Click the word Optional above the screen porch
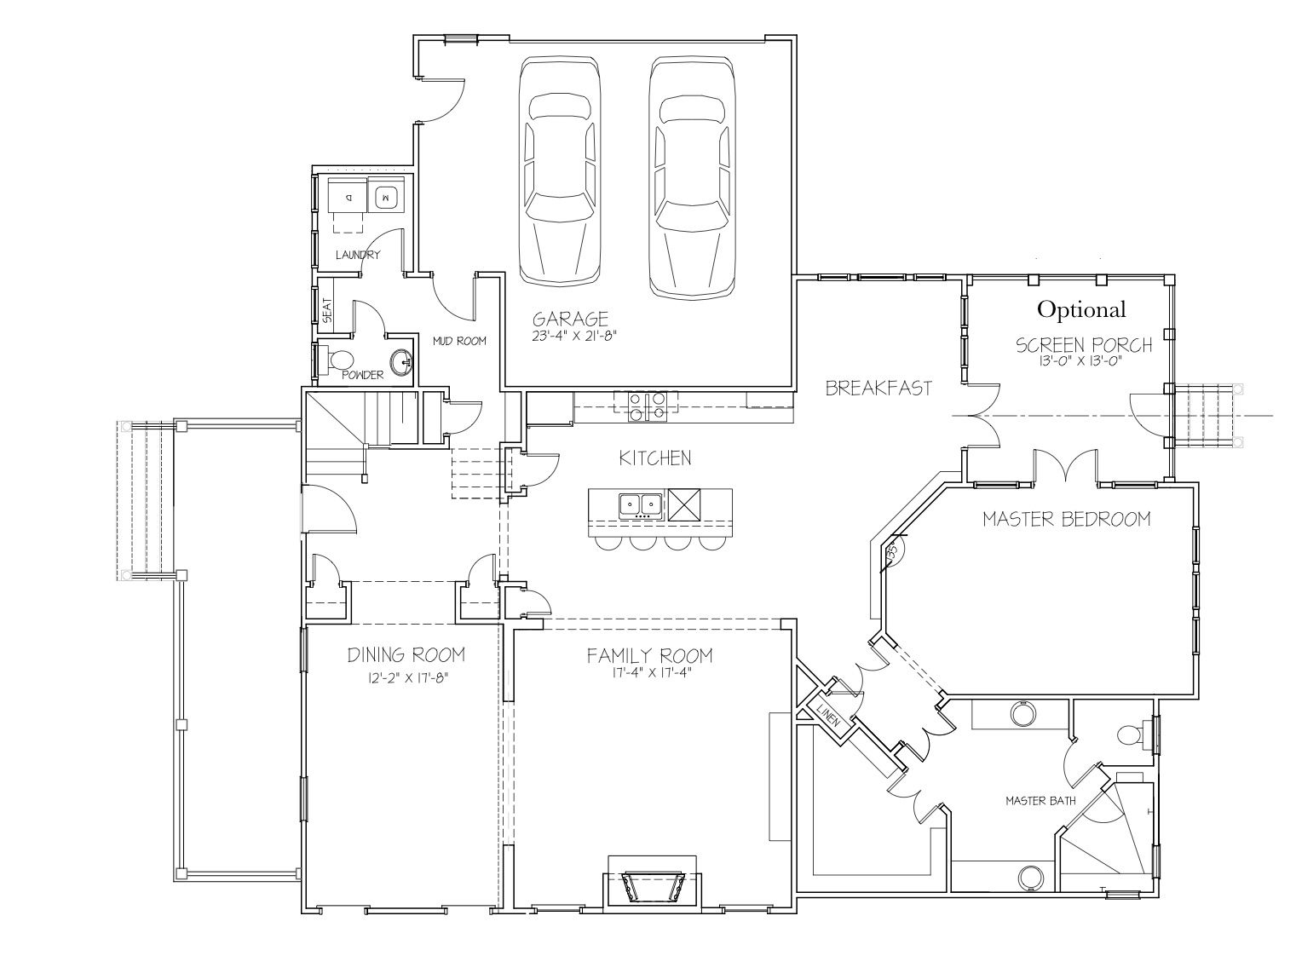pyautogui.click(x=1081, y=309)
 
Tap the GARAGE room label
pyautogui.click(x=571, y=319)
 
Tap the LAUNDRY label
pyautogui.click(x=358, y=255)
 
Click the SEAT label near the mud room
pyautogui.click(x=327, y=310)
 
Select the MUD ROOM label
pyautogui.click(x=459, y=341)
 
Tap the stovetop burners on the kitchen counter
pyautogui.click(x=647, y=406)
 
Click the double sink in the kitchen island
pyautogui.click(x=641, y=506)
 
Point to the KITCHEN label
pyautogui.click(x=655, y=458)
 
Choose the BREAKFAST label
pyautogui.click(x=878, y=388)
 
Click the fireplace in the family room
pyautogui.click(x=652, y=884)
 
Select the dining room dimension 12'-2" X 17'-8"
pyautogui.click(x=408, y=678)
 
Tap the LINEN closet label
pyautogui.click(x=828, y=713)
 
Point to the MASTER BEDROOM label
pyautogui.click(x=1066, y=519)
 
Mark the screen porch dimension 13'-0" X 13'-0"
pyautogui.click(x=1084, y=361)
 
